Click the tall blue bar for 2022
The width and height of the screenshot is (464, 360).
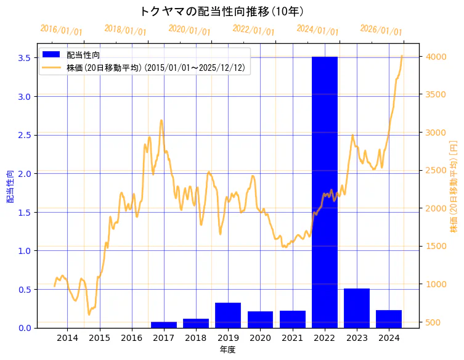(324, 191)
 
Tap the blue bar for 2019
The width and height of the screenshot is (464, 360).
(228, 315)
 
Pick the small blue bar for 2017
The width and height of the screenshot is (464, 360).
(164, 325)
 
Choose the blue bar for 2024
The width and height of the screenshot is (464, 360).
(389, 319)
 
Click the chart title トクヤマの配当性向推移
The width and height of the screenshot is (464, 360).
(222, 11)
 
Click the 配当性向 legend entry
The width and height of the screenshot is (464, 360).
(83, 55)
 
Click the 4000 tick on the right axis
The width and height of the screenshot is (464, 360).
(435, 57)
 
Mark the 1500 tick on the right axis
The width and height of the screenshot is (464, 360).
(435, 247)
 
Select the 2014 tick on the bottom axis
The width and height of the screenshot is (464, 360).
(68, 338)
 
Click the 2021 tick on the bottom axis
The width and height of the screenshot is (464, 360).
(292, 338)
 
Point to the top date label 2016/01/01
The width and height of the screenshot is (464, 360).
(61, 30)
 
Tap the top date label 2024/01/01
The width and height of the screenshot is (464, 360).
(317, 30)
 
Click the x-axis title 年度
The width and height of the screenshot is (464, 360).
(228, 350)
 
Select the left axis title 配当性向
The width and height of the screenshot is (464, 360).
(10, 187)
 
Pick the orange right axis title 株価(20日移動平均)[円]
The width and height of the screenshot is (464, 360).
(454, 187)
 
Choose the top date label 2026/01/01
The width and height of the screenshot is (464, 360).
(381, 30)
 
